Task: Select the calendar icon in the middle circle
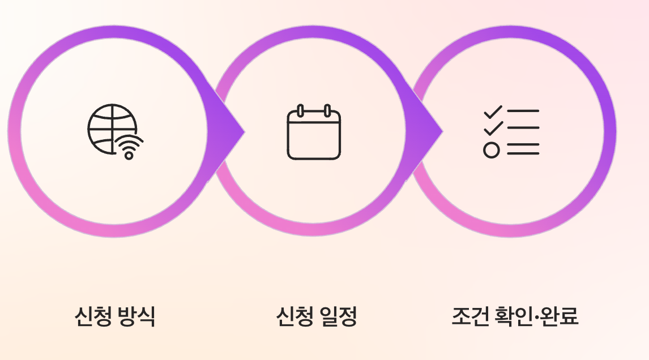[x=314, y=132]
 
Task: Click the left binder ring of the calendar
[x=301, y=110]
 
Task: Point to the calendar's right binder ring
[x=327, y=110]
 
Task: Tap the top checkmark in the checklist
[x=493, y=112]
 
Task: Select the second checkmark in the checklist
[x=493, y=129]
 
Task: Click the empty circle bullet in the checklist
[x=492, y=150]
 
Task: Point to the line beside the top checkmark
[x=523, y=111]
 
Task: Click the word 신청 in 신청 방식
[x=92, y=316]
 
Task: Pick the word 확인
[x=512, y=316]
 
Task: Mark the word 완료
[x=560, y=316]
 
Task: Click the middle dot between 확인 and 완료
[x=536, y=316]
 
